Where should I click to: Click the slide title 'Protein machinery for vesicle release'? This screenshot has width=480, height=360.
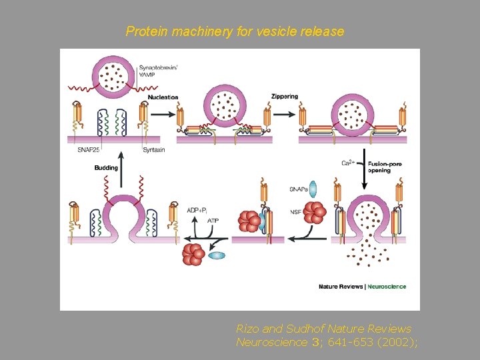pos(235,31)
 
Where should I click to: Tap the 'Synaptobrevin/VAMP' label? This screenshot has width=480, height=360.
pos(158,70)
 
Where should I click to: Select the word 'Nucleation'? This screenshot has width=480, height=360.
pos(163,97)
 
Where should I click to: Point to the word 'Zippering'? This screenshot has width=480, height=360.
pos(285,96)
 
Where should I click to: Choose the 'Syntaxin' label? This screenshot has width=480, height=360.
pos(153,150)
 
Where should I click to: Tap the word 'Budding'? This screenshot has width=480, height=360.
pos(106,168)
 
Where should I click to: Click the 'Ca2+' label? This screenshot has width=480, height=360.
pos(348,163)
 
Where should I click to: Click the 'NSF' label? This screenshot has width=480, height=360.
pos(296,212)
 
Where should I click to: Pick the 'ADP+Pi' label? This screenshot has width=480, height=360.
pos(200,209)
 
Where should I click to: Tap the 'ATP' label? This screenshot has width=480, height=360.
pos(213,220)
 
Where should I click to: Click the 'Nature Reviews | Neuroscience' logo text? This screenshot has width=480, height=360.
pos(362,287)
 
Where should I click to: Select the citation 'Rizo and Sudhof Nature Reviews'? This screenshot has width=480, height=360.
pos(323,329)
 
